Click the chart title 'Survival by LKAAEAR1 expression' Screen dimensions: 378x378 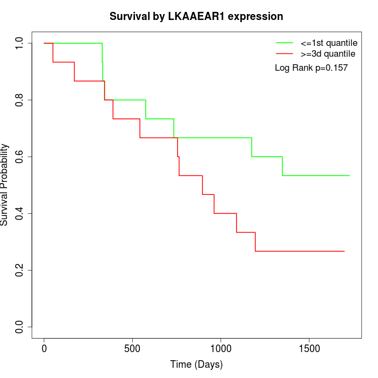(x=196, y=16)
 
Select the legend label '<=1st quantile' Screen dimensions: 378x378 (x=328, y=43)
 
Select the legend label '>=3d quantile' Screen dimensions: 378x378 (x=328, y=53)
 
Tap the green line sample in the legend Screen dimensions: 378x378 (x=285, y=43)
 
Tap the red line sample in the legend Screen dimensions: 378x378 (x=285, y=53)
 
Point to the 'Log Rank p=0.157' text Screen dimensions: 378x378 (x=311, y=68)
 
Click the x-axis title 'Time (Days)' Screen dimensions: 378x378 (x=196, y=364)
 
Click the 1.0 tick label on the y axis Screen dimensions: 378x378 (x=20, y=43)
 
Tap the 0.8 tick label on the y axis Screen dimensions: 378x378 (x=20, y=100)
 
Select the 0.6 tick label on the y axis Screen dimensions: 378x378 (x=20, y=157)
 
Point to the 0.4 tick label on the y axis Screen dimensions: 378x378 (x=20, y=213)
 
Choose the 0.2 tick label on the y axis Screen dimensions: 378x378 (x=20, y=270)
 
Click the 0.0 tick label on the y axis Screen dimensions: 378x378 (x=20, y=327)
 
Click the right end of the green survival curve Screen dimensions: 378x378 (x=349, y=175)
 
